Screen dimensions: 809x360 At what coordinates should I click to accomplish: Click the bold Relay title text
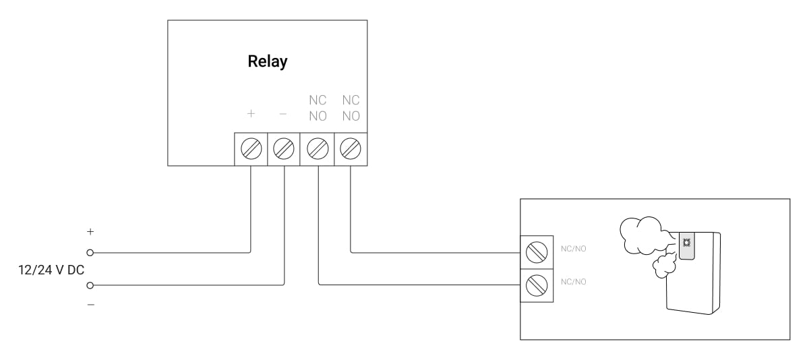(267, 62)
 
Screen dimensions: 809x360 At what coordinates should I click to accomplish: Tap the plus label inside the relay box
(251, 114)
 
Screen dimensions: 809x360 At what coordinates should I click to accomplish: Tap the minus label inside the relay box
(283, 114)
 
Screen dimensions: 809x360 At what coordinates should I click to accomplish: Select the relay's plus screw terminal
(251, 149)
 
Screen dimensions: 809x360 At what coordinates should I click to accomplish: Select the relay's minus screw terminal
(284, 149)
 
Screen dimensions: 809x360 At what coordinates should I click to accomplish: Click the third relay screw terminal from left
(318, 149)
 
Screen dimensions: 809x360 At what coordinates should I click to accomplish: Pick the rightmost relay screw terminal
(351, 149)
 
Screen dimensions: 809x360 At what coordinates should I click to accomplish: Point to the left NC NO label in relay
(318, 108)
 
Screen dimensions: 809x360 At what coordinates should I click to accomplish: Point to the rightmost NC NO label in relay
(351, 108)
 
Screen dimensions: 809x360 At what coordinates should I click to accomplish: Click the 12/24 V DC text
(51, 270)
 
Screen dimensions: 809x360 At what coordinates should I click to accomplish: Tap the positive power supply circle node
(90, 253)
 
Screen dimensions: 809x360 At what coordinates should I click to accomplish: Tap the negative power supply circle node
(90, 286)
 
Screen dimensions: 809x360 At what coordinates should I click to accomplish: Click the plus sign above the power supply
(90, 231)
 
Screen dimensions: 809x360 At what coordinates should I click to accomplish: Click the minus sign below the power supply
(90, 305)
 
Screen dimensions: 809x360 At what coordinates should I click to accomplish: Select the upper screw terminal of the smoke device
(537, 252)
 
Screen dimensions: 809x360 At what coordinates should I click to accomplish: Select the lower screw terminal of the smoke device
(537, 285)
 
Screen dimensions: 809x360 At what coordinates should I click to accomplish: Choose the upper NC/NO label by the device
(574, 249)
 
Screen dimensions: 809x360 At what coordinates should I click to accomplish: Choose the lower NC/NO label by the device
(574, 282)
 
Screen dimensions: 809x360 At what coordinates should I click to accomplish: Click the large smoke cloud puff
(643, 235)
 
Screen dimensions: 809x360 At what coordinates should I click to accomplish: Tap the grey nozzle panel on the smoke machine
(686, 246)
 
